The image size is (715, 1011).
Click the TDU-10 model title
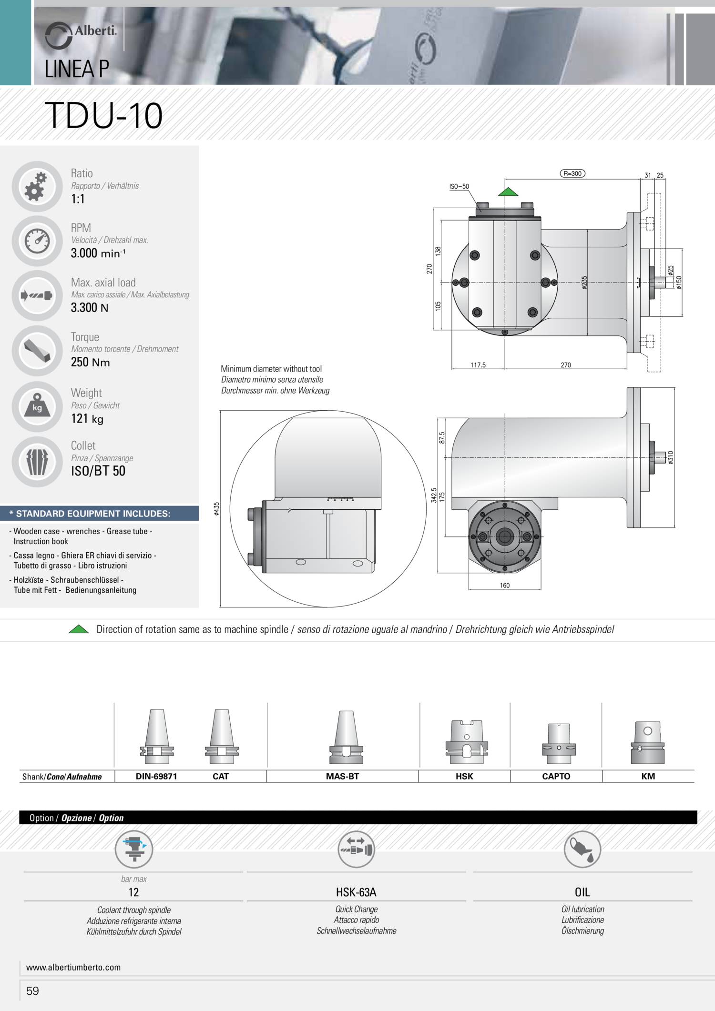click(103, 116)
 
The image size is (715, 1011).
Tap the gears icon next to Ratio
click(36, 186)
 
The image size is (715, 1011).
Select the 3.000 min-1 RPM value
click(98, 253)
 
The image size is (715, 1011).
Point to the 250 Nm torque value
click(90, 362)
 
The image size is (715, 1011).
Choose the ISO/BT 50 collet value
click(98, 471)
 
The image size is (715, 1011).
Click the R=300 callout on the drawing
click(572, 174)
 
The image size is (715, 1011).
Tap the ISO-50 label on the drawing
click(459, 187)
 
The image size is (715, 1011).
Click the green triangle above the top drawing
click(508, 192)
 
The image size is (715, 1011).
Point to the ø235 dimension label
click(584, 283)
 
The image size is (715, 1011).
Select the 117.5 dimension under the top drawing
click(478, 365)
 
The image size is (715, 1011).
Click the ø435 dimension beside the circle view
click(217, 509)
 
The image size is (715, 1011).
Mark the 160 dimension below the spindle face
click(505, 585)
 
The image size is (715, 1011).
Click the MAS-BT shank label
click(342, 776)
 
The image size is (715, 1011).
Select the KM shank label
click(648, 776)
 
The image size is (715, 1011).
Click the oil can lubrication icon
click(582, 849)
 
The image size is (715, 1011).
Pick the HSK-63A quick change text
click(356, 892)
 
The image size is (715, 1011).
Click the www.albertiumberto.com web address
click(73, 967)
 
